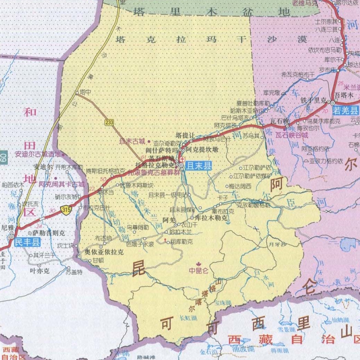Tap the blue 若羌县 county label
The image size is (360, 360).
pyautogui.click(x=347, y=110)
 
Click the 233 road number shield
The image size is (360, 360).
pyautogui.click(x=109, y=122)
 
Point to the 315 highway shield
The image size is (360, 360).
pyautogui.click(x=67, y=210)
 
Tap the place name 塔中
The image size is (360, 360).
pyautogui.click(x=86, y=92)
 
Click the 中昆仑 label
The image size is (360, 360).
pyautogui.click(x=199, y=271)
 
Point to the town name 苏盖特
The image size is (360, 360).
pyautogui.click(x=73, y=272)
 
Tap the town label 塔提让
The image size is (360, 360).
pyautogui.click(x=185, y=135)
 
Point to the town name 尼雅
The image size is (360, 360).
pyautogui.click(x=8, y=227)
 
